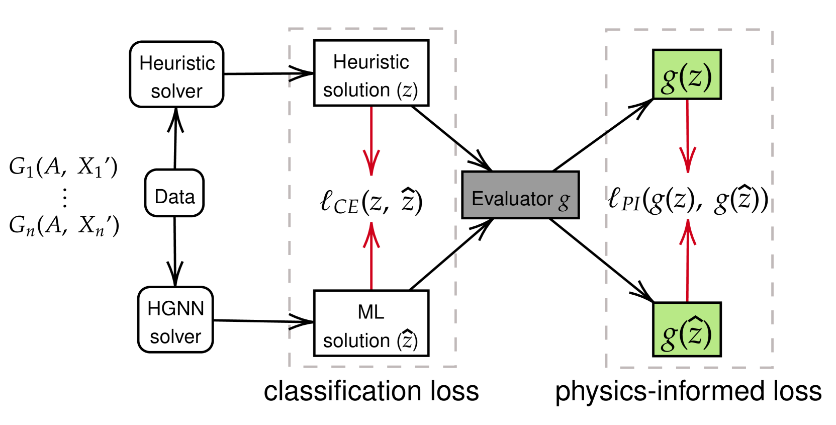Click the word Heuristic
pos(371,62)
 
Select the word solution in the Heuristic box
pos(356,91)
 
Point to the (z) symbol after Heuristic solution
pos(407,91)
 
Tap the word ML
pos(371,312)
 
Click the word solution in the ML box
pos(356,341)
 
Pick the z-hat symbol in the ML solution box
pos(407,340)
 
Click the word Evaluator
pos(512,199)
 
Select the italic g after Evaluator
pos(564,201)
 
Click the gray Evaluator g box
pos(520,195)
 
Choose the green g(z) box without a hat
pos(687,74)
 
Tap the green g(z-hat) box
pos(687,329)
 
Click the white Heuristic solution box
pos(371,73)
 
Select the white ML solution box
pos(371,323)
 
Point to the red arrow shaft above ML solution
pos(371,267)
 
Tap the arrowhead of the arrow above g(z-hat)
pos(688,231)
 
